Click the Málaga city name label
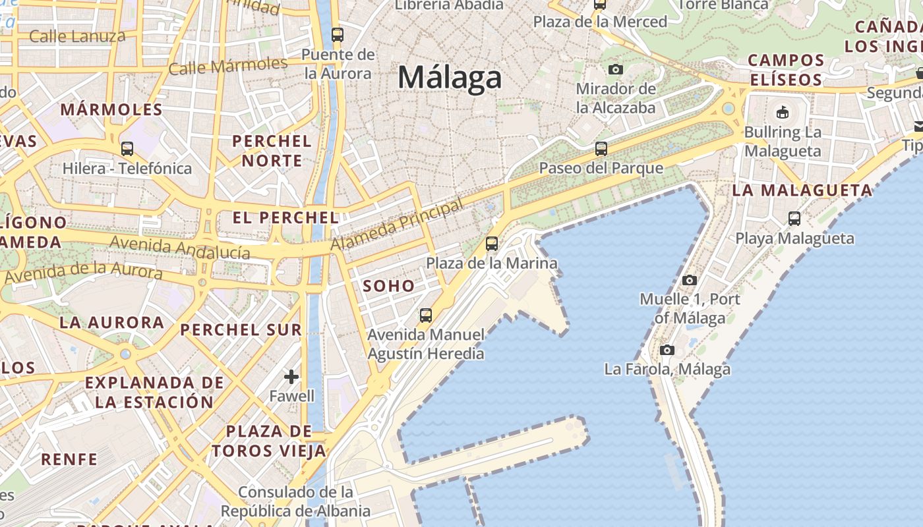pyautogui.click(x=450, y=78)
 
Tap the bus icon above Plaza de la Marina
pyautogui.click(x=492, y=244)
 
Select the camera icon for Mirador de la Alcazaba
pyautogui.click(x=615, y=69)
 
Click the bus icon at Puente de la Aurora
pyautogui.click(x=338, y=35)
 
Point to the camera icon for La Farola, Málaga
pyautogui.click(x=667, y=350)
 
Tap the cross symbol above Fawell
pyautogui.click(x=291, y=377)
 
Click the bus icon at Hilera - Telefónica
pyautogui.click(x=127, y=149)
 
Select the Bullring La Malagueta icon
pyautogui.click(x=783, y=112)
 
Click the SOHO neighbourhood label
pyautogui.click(x=389, y=286)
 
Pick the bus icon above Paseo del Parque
pyautogui.click(x=601, y=149)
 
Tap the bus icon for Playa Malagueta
pyautogui.click(x=794, y=219)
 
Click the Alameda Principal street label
pyautogui.click(x=398, y=225)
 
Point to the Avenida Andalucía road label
pyautogui.click(x=180, y=248)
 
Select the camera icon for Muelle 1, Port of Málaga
pyautogui.click(x=690, y=280)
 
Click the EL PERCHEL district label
pyautogui.click(x=285, y=217)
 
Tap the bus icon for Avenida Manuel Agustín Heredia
pyautogui.click(x=426, y=316)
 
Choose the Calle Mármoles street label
pyautogui.click(x=228, y=66)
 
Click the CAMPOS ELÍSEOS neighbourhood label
pyautogui.click(x=786, y=70)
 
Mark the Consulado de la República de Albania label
pyautogui.click(x=295, y=501)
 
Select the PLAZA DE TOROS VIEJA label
pyautogui.click(x=269, y=441)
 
